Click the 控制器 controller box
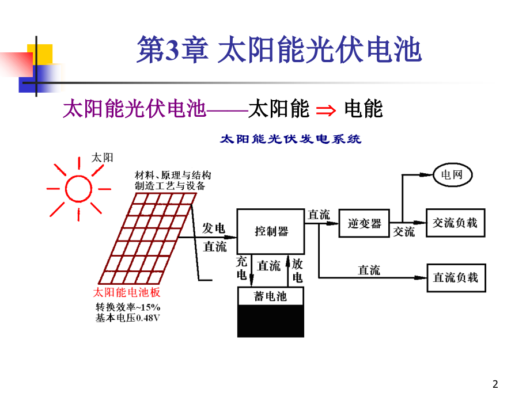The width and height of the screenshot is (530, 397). click(271, 231)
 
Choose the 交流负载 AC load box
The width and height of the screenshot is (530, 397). click(455, 223)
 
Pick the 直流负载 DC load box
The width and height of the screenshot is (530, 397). click(455, 278)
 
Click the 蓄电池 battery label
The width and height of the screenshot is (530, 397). click(271, 296)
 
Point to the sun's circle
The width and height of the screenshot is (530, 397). click(79, 188)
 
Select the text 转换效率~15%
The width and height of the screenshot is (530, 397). click(128, 307)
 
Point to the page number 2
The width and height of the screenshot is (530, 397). click(496, 384)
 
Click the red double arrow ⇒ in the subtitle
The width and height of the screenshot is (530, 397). click(326, 109)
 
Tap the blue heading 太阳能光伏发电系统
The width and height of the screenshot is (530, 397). click(291, 139)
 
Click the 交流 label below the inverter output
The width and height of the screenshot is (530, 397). click(403, 232)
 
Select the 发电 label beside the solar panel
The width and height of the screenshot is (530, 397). click(214, 228)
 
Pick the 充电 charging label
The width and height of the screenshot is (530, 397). click(242, 268)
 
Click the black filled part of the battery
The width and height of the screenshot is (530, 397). click(271, 320)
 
